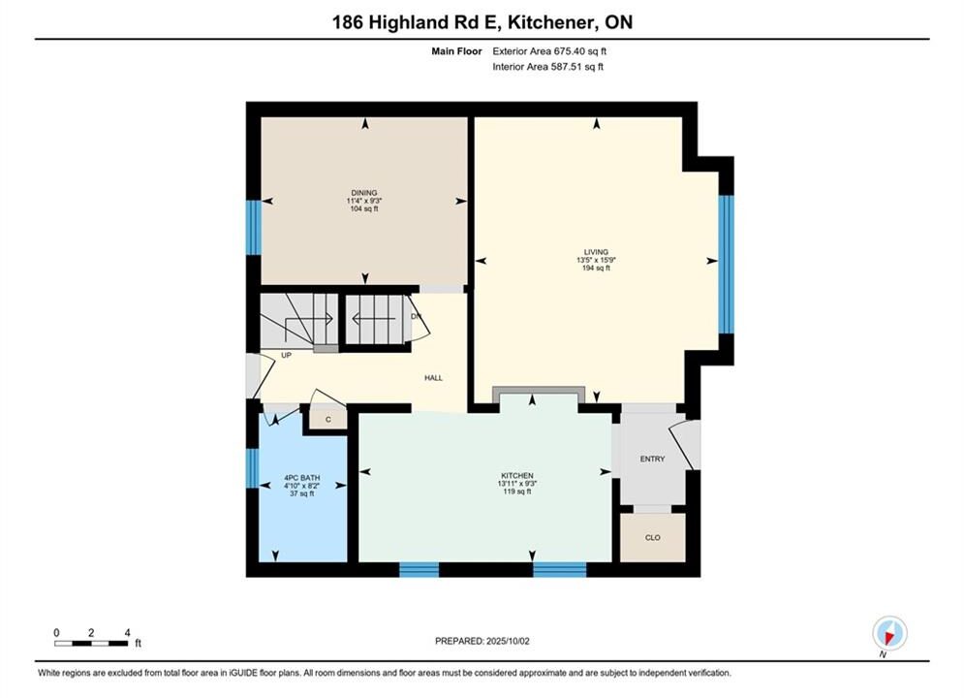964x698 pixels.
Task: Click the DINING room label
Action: point(364,193)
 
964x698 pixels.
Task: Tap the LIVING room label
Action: point(596,252)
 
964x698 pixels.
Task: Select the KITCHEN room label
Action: point(517,475)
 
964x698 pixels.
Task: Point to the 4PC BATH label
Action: point(302,478)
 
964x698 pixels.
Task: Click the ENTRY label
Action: point(652,459)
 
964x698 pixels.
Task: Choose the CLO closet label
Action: point(652,537)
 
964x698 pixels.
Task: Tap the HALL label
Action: point(433,377)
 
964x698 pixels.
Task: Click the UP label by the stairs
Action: point(286,355)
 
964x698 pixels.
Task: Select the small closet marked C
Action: point(328,420)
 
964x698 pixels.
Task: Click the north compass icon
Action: point(889,633)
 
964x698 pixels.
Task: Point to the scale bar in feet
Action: point(91,644)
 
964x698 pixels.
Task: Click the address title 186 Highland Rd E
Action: point(418,22)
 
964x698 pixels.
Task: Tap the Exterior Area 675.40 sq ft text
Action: point(549,51)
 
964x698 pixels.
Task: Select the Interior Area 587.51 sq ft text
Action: point(547,67)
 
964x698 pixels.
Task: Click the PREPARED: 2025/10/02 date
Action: point(482,641)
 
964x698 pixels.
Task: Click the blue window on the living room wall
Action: point(726,265)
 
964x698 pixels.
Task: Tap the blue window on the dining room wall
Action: point(253,228)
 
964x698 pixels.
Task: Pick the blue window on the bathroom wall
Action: point(252,468)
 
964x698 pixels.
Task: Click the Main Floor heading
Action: point(456,51)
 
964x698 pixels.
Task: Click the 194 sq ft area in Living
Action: point(596,269)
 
